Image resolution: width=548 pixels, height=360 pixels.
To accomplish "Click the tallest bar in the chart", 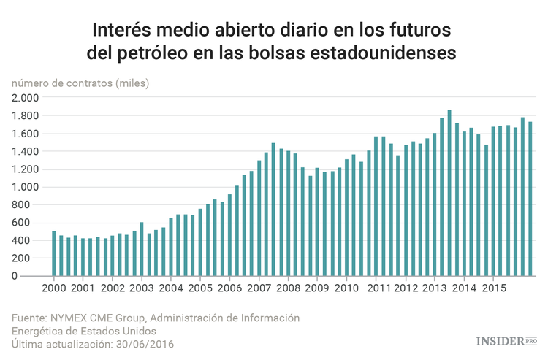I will coord(449,194).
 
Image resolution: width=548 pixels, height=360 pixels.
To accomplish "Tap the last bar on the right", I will coord(530,199).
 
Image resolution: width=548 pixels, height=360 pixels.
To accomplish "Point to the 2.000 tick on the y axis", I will coord(26,98).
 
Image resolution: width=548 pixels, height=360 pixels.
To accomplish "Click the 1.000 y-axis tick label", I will coord(26,187).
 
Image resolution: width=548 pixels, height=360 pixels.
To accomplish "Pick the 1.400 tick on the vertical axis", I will coord(26,151).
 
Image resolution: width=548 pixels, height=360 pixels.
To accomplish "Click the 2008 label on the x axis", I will coord(288,288).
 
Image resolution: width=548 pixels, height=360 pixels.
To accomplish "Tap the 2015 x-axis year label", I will coord(492,288).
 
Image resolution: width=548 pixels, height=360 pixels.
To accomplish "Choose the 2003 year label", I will coord(142,288).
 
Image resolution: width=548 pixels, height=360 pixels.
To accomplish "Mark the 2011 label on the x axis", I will coord(376,288).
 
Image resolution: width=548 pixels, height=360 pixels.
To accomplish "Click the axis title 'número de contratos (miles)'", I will coord(80,83).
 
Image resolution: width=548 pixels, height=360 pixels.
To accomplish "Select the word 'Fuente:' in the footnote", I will coord(30,318).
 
